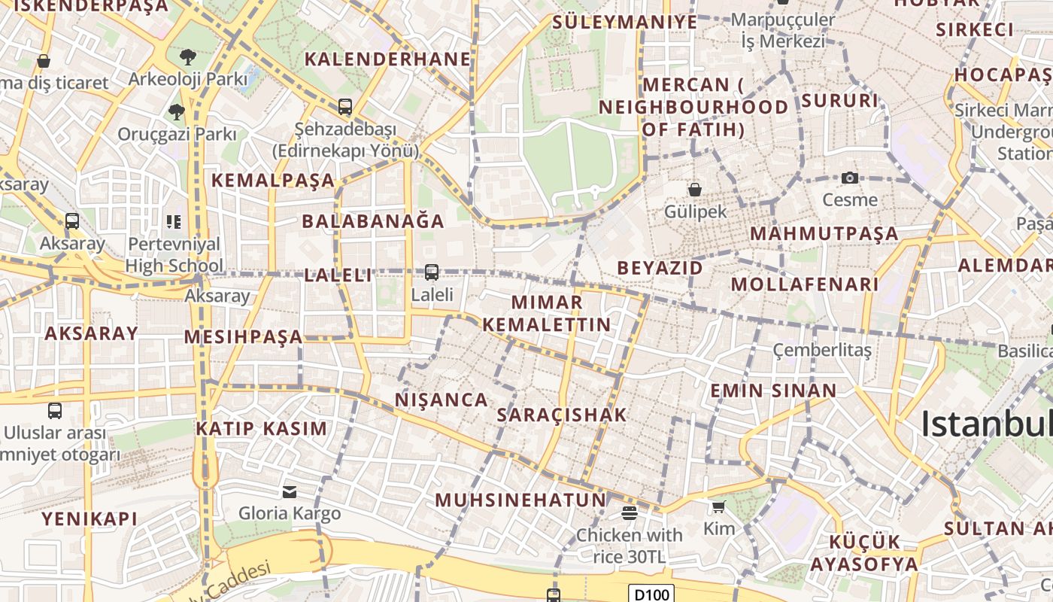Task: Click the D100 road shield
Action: point(651,594)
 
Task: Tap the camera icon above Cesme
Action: point(850,178)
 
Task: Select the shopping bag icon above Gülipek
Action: point(695,189)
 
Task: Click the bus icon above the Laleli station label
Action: point(432,272)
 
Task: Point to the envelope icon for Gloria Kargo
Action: point(290,491)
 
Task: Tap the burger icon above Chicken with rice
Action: point(630,513)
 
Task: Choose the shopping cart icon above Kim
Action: point(719,506)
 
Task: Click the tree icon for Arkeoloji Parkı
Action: point(188,56)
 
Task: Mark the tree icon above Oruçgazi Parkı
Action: point(177,112)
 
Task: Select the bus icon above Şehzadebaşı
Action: point(345,107)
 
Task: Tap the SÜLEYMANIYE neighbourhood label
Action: point(625,22)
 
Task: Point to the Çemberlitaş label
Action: point(823,350)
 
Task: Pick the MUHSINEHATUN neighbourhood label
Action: point(520,500)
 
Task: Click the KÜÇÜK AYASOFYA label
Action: point(874,553)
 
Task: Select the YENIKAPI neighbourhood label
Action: point(90,518)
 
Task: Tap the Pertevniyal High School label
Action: point(174,254)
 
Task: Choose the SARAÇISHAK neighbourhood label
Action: point(561,415)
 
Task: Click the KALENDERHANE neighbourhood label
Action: point(387,59)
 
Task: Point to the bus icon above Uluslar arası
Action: point(55,410)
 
